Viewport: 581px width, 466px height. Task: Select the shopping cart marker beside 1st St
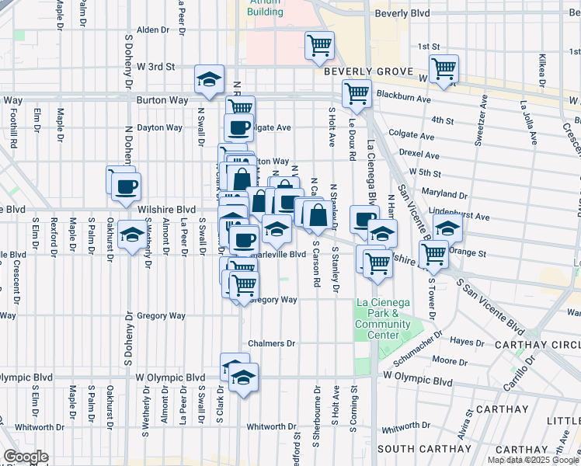[319, 46]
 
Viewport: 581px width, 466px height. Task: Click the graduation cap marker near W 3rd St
[209, 80]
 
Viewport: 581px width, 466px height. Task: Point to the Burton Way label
[162, 100]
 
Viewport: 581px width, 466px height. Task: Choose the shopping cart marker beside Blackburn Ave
[357, 93]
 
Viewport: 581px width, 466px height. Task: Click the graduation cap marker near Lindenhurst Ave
[447, 228]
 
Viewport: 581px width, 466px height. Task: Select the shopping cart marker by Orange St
[433, 253]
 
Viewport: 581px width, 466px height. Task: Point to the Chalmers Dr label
[272, 343]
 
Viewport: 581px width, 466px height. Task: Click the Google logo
[25, 457]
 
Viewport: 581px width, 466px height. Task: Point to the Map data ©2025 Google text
[532, 460]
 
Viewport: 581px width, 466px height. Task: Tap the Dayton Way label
[159, 127]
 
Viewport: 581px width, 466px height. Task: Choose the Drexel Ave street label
[417, 153]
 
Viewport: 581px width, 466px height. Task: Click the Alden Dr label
[152, 30]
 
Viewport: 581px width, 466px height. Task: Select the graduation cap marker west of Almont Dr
[133, 235]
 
